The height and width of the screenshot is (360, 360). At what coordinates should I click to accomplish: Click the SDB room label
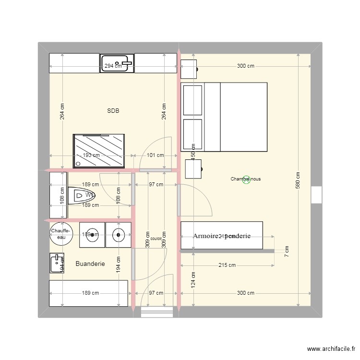(113, 111)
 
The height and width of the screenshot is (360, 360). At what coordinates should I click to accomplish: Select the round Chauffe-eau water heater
(61, 234)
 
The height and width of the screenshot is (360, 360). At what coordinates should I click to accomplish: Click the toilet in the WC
(82, 195)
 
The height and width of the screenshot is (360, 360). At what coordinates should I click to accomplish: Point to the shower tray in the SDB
(98, 151)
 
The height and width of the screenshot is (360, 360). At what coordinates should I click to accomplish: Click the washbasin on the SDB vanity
(117, 63)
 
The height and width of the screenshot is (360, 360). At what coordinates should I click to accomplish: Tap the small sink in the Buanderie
(57, 263)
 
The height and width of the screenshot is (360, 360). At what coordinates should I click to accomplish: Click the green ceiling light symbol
(246, 180)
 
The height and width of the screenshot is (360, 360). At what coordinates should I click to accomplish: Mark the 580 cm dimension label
(298, 180)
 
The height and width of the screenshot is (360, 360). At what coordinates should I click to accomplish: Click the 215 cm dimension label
(227, 265)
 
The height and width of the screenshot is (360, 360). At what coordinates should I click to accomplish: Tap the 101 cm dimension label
(155, 155)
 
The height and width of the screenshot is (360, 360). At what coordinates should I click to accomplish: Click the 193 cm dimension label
(91, 155)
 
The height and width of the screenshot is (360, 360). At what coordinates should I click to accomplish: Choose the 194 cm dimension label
(119, 263)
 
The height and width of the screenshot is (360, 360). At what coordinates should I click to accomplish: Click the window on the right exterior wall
(316, 194)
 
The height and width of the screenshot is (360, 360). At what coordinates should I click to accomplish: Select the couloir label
(156, 238)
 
